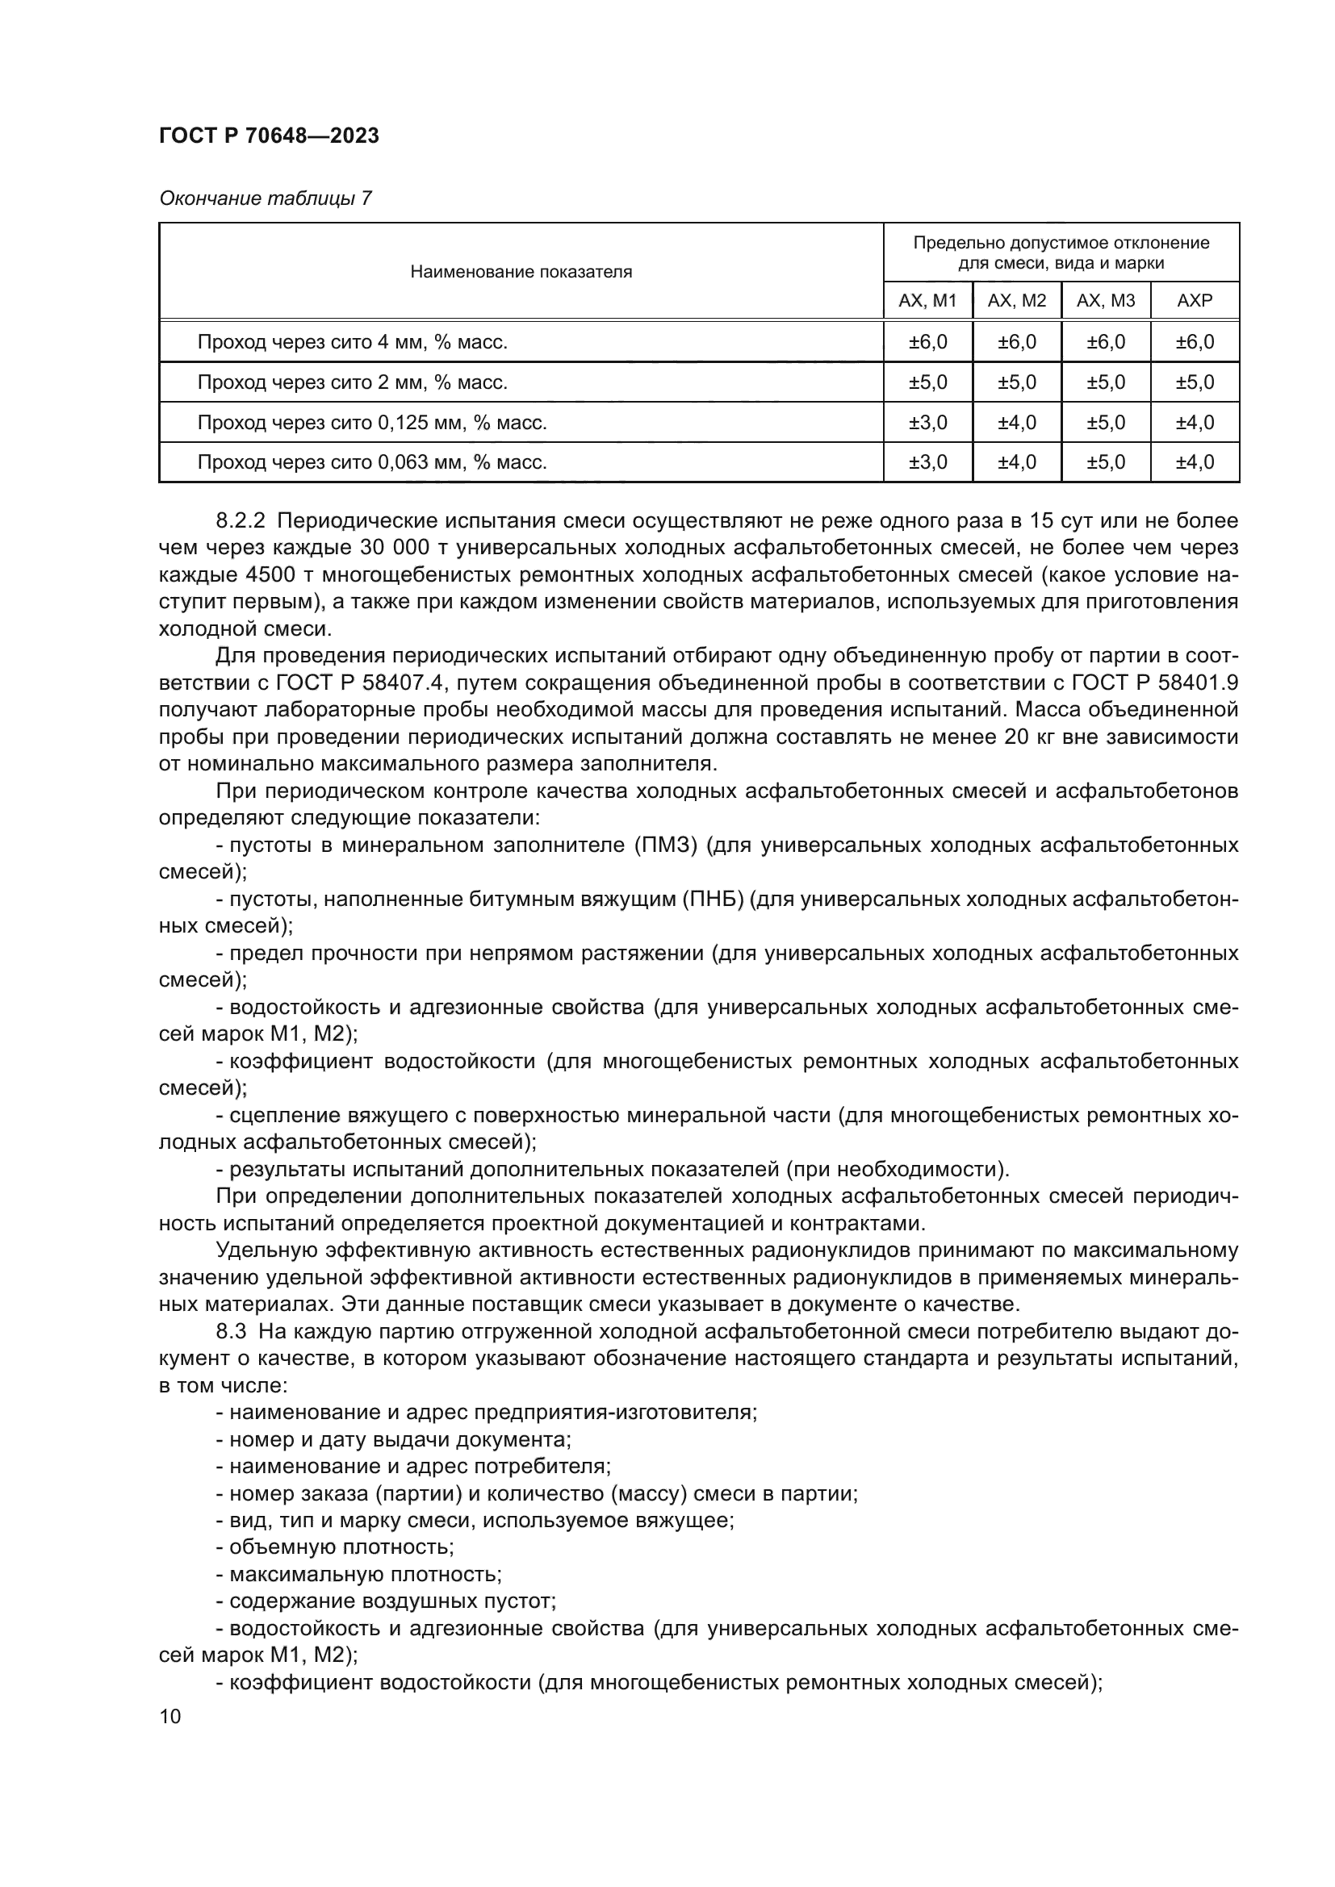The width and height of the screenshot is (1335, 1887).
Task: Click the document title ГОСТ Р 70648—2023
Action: [269, 136]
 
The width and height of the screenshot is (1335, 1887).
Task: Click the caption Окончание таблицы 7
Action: [265, 198]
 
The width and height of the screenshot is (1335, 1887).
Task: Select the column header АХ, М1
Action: [927, 301]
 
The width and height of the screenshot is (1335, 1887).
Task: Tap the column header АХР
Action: [1195, 301]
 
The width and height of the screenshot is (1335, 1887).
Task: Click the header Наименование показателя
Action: [521, 272]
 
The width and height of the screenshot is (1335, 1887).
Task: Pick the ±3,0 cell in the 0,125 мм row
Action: [927, 423]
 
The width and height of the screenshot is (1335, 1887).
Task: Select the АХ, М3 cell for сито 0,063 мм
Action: [1106, 462]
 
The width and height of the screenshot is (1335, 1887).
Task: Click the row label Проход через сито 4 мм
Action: [352, 342]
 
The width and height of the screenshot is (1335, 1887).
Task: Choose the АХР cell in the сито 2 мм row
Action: [1195, 382]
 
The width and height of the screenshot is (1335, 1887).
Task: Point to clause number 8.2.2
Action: [241, 521]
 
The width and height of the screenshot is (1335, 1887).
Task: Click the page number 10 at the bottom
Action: [170, 1716]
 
